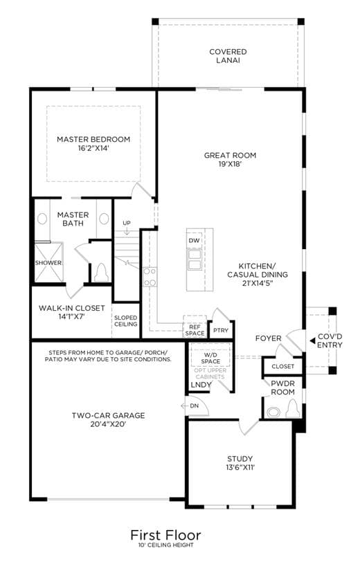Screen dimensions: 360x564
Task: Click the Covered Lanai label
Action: coord(228,56)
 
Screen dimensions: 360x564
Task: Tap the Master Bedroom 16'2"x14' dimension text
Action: coord(93,148)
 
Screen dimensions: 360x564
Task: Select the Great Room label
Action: coord(230,156)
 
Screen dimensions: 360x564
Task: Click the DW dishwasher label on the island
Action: coord(194,240)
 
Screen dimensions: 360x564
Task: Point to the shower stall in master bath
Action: coord(48,262)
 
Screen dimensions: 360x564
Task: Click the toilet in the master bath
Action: coord(101,273)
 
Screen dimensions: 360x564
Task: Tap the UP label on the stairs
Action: coord(127,223)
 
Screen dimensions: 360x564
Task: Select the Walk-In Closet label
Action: coord(71,308)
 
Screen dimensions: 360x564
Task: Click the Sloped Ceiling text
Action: coord(125,321)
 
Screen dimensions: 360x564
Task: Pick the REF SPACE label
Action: coord(195,330)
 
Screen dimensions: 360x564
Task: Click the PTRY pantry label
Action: coord(221,330)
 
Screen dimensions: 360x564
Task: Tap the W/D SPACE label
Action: coord(210,358)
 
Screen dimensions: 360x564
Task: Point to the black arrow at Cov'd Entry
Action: coord(312,340)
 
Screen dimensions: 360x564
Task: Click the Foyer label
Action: coord(268,338)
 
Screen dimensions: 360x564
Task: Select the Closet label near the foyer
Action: coord(282,366)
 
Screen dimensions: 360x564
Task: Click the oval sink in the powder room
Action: coord(274,412)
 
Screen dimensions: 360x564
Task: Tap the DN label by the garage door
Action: coord(195,406)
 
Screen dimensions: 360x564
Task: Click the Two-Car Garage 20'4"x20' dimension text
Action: coord(108,424)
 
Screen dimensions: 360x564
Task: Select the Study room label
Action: coord(240,459)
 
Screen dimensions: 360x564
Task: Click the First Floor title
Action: coord(165,535)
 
